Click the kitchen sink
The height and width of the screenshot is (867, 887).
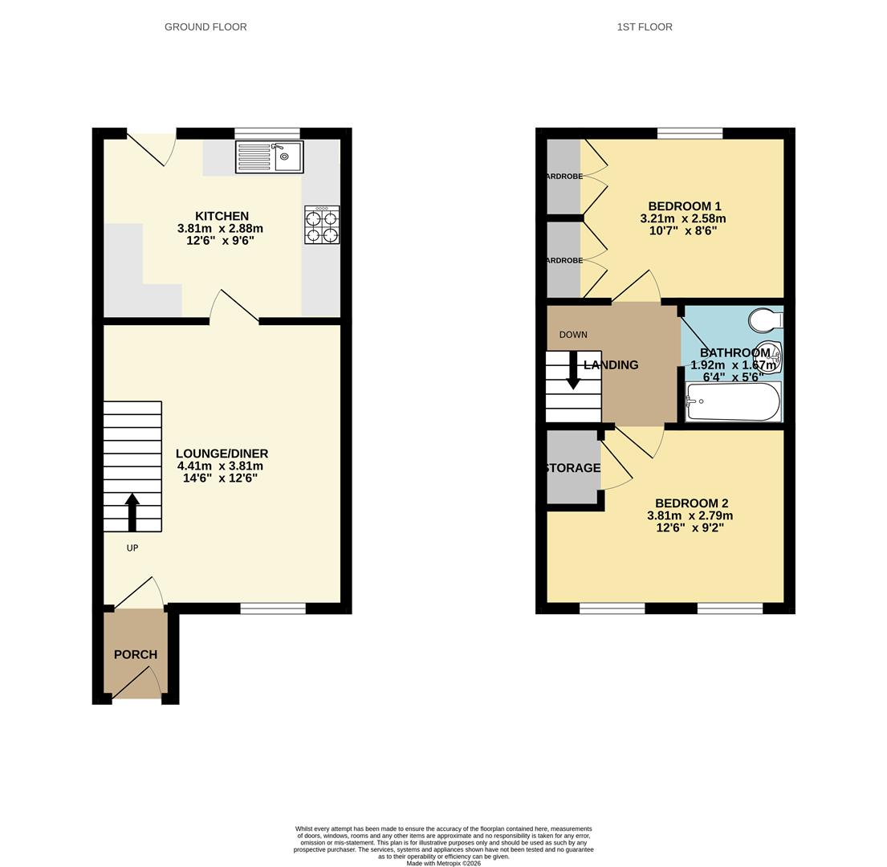(x=269, y=157)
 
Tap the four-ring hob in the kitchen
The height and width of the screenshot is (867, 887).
(x=321, y=225)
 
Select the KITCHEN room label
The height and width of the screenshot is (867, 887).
(x=222, y=216)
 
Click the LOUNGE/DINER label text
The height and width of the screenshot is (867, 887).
(x=222, y=454)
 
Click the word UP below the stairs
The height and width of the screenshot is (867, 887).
(x=132, y=548)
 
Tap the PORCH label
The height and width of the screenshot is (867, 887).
(x=136, y=654)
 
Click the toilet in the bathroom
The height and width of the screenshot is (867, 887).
(x=765, y=321)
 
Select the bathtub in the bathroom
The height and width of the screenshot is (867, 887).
(x=733, y=401)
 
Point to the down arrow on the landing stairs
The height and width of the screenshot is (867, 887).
(x=573, y=371)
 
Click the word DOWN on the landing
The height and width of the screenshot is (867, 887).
(x=573, y=335)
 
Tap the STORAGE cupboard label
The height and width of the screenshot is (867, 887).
(x=572, y=468)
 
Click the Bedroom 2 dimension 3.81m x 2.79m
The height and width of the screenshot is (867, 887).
(x=690, y=516)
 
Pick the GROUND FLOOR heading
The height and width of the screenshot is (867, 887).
(x=205, y=26)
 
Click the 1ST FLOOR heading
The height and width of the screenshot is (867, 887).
(x=645, y=26)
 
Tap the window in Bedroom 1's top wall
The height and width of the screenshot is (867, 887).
(x=690, y=133)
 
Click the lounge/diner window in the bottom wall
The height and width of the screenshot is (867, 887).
(x=273, y=609)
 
